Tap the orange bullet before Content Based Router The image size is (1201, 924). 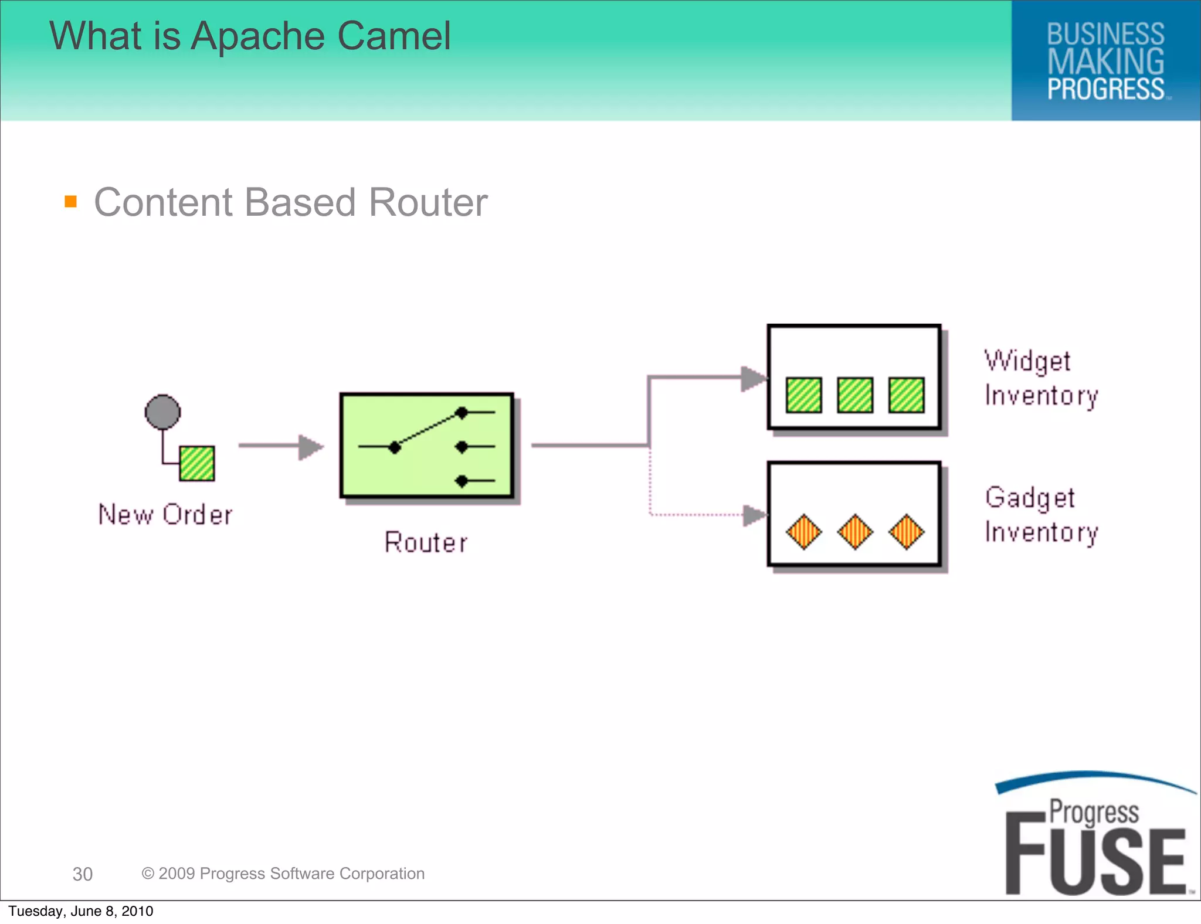[x=71, y=202]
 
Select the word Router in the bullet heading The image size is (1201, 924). [x=428, y=203]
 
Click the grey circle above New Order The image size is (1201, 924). [x=162, y=412]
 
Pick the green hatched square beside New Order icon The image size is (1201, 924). [x=197, y=464]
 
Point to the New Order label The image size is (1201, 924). [x=165, y=515]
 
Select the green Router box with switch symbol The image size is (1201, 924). [x=427, y=446]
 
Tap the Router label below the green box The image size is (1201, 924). [x=426, y=542]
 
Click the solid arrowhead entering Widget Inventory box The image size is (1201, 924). [x=754, y=378]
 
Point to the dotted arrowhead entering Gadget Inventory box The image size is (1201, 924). [x=754, y=515]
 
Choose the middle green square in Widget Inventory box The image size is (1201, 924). [x=855, y=395]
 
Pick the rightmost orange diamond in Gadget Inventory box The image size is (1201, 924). [x=906, y=532]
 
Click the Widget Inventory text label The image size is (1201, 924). [x=1041, y=378]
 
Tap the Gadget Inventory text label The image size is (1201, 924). [x=1041, y=515]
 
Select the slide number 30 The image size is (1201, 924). [x=83, y=874]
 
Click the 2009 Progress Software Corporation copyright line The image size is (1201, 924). [x=283, y=874]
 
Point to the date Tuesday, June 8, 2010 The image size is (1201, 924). [x=81, y=911]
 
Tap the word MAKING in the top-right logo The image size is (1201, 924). [x=1105, y=62]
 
